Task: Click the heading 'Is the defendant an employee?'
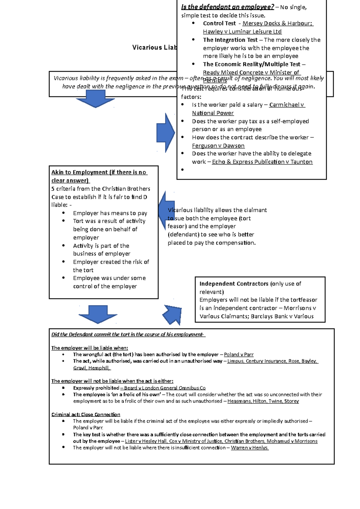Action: tap(227, 7)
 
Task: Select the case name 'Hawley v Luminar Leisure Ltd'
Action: tap(242, 31)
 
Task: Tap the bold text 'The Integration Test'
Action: tap(230, 40)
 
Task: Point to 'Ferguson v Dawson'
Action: tap(218, 146)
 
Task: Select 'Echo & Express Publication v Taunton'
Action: tap(262, 162)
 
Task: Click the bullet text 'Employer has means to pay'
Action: tap(110, 213)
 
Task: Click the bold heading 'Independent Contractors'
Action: tap(234, 284)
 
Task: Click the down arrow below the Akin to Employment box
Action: tap(98, 314)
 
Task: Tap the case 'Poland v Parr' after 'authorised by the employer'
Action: tap(238, 355)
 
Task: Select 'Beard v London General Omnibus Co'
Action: tap(165, 388)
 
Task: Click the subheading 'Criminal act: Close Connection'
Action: tap(85, 415)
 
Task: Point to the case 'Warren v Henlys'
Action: tap(249, 448)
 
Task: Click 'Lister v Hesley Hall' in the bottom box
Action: tap(145, 441)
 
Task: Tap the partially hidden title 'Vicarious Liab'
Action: tap(154, 47)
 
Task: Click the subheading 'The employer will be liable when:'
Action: tap(89, 348)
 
